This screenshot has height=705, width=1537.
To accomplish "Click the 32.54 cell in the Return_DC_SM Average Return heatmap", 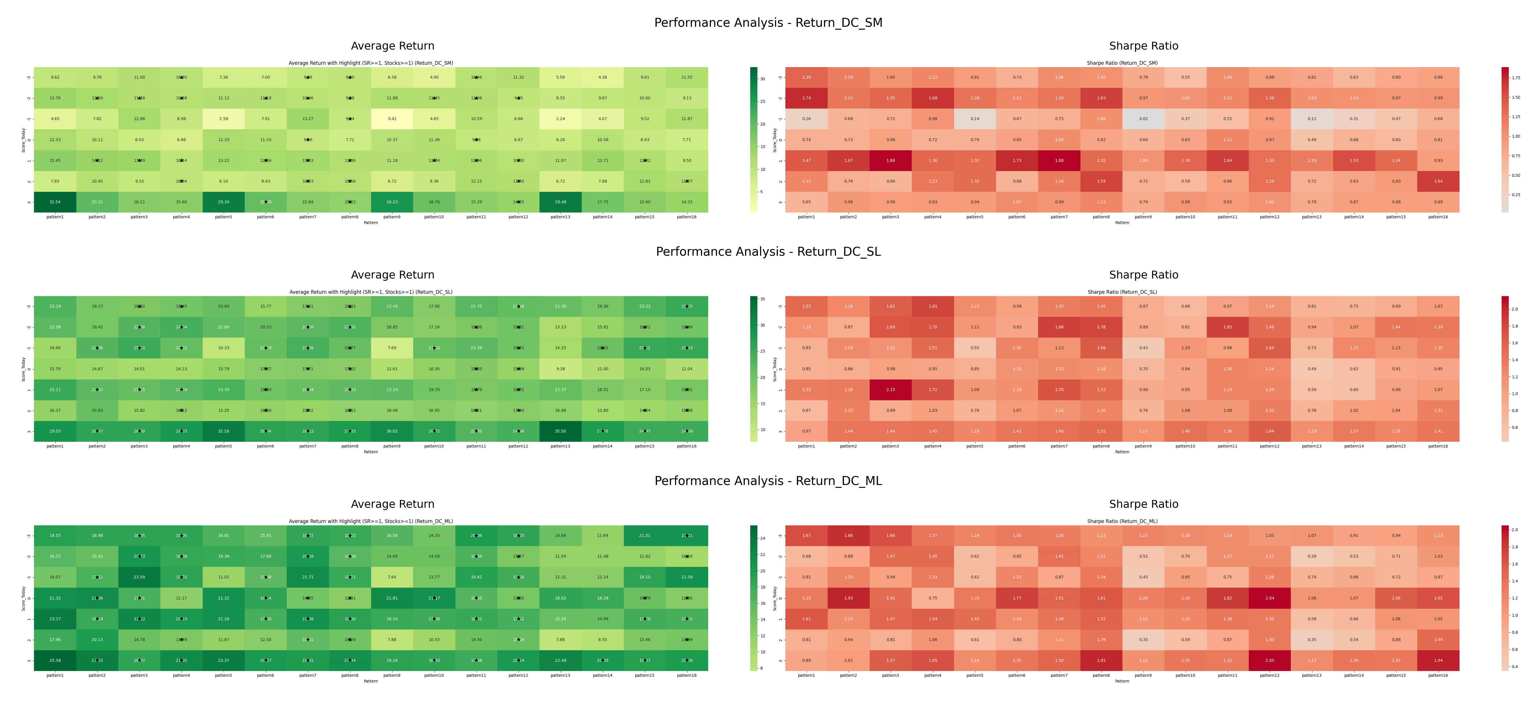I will [55, 202].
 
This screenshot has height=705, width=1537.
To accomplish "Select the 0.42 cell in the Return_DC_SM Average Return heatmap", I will [392, 119].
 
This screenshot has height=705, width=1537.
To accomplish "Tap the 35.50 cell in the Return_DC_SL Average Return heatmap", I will [560, 431].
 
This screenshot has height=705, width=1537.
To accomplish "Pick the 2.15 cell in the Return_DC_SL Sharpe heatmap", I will [890, 389].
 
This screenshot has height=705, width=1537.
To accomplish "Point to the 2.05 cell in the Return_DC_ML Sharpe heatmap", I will [1270, 660].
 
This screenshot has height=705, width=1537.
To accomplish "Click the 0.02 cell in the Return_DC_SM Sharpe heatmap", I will [1143, 119].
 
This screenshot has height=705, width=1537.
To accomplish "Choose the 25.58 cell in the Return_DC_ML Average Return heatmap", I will [55, 660].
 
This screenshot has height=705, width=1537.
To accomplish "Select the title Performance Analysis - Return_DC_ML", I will [768, 481].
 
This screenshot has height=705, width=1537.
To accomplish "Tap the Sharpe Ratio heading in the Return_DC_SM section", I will [1143, 46].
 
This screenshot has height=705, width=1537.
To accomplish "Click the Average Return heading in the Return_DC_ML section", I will [393, 504].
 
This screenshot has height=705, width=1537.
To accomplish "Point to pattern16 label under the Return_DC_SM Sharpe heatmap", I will [1438, 217].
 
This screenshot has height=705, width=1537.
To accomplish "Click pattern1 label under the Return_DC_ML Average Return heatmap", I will [55, 675].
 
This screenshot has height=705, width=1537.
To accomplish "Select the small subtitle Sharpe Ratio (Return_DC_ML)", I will [1122, 521].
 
